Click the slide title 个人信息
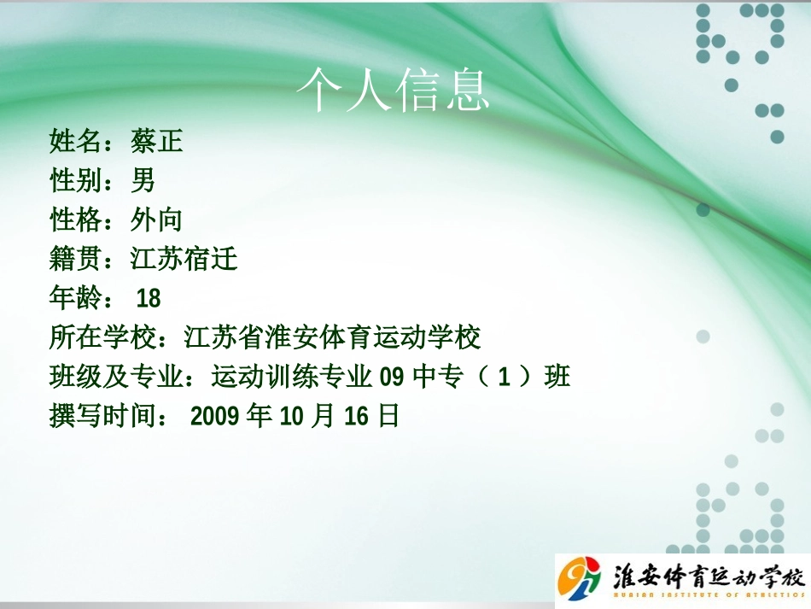coord(393,90)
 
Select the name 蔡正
coord(157,141)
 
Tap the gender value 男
coord(143,180)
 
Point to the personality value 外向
coord(156,220)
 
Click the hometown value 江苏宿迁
coord(184,259)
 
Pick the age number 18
coord(149,299)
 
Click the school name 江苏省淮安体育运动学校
coord(333,337)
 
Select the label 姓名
coord(75,141)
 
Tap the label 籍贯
coord(75,259)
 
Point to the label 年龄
coord(75,298)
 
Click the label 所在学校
coord(102,337)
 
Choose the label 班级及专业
coord(116,377)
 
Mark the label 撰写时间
coord(102,416)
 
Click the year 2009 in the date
coord(214,417)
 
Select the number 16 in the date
coord(356,417)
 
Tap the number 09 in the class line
coord(392,378)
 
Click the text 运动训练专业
coord(292,377)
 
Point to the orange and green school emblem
coord(579,578)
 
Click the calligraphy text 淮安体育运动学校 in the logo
coord(709,576)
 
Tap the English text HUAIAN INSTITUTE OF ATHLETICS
coord(709,595)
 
